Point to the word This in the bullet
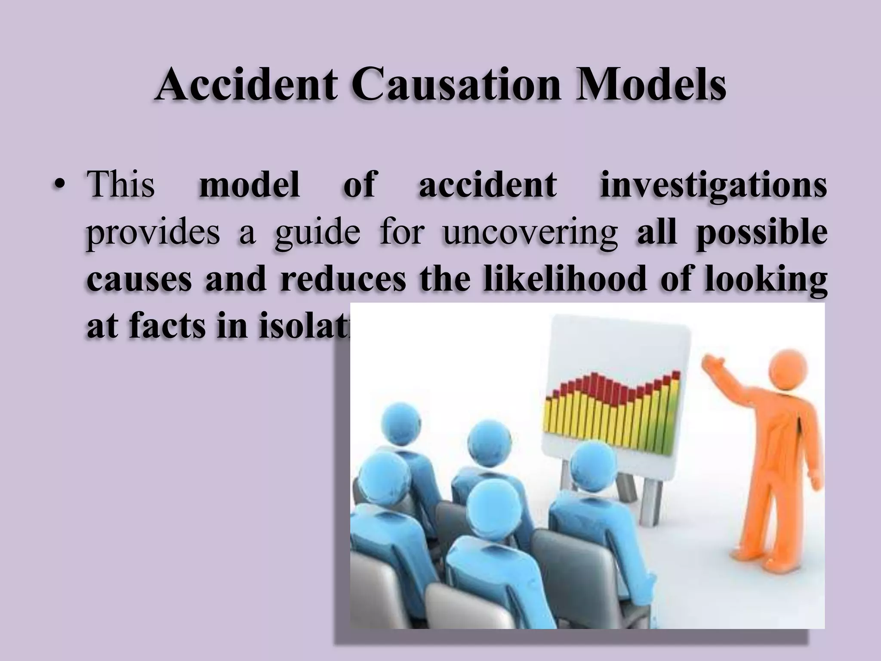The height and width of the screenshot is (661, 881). [x=121, y=184]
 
